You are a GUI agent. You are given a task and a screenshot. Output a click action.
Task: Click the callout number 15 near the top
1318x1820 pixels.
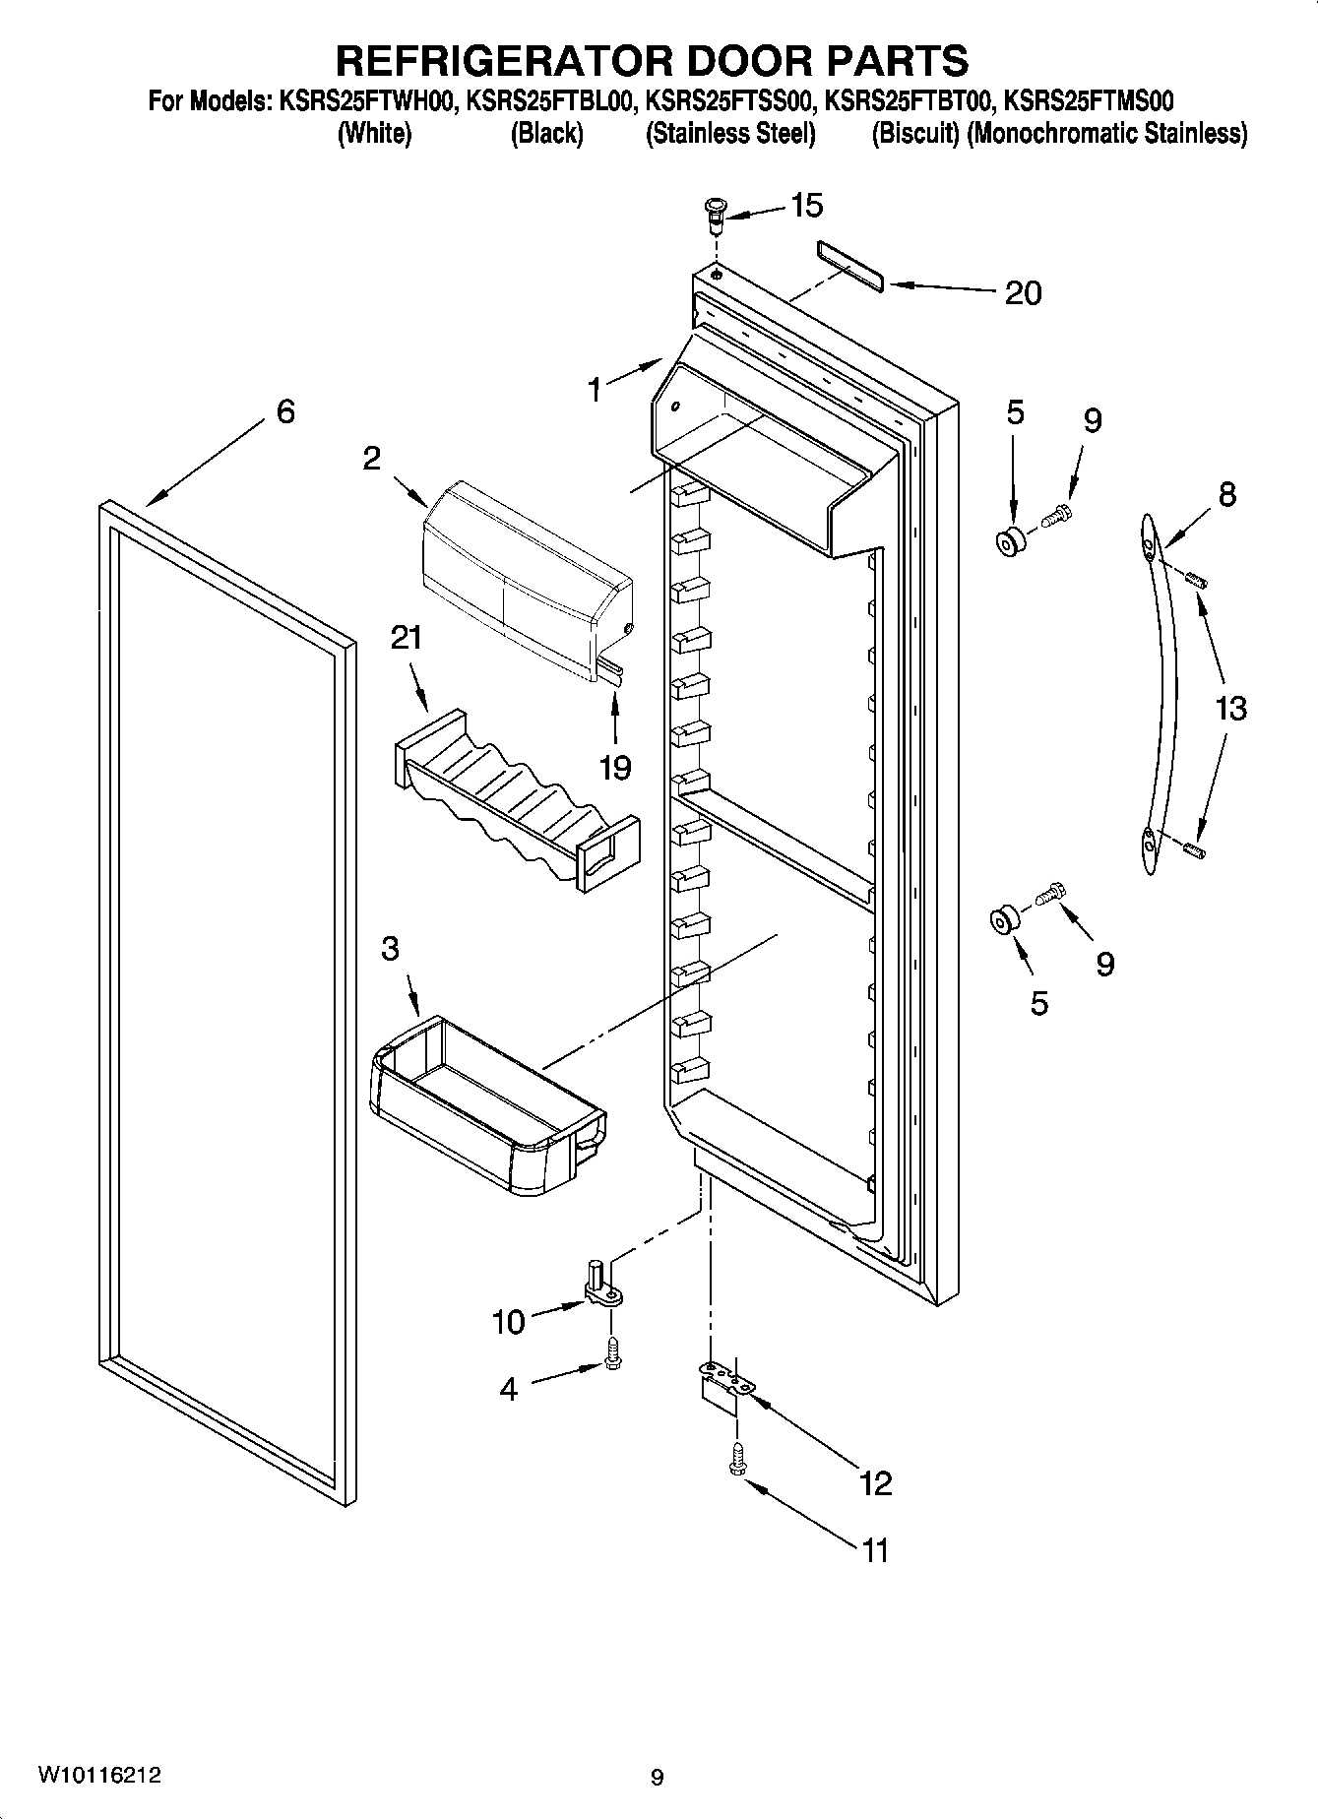point(806,206)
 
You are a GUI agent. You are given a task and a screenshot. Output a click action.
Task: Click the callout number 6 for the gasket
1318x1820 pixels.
point(284,411)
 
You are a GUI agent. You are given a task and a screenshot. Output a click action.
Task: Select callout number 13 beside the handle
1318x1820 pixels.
point(1230,708)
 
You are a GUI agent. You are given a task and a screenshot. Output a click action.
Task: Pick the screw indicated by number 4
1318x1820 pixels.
point(612,1357)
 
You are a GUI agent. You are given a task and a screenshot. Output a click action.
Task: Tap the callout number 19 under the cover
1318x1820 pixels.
point(615,767)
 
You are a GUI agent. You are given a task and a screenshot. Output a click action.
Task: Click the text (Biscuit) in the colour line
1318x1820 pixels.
point(915,134)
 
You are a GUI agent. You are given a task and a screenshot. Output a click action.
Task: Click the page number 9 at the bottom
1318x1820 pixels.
point(658,1778)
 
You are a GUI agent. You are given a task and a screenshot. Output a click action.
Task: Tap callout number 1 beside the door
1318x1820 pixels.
point(595,391)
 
